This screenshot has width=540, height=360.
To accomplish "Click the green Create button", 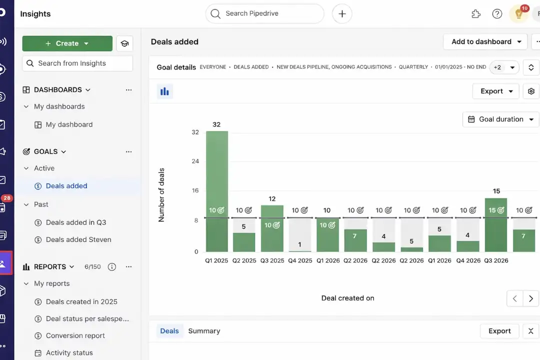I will (x=67, y=43).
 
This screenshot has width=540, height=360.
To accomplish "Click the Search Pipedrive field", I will (x=265, y=13).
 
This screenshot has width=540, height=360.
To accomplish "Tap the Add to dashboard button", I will (x=485, y=41).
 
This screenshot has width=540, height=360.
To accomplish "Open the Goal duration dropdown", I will (x=501, y=119).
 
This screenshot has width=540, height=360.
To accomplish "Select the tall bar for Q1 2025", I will (x=216, y=190).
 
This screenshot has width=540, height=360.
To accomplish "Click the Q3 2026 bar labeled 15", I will (x=496, y=225).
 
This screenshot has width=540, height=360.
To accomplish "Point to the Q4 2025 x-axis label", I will (x=300, y=260).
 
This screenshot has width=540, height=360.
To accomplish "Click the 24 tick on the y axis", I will (x=195, y=161).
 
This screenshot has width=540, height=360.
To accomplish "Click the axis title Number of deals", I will (x=161, y=195).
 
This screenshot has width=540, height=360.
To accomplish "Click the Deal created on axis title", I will (x=347, y=298).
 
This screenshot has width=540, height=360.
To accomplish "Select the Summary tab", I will (x=204, y=331).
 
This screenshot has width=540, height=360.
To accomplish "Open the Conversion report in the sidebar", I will (x=75, y=335).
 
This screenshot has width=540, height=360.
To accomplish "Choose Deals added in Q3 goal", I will (x=76, y=222).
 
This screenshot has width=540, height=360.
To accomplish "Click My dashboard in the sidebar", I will (x=69, y=124).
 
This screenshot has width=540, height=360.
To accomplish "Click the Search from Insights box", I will (x=77, y=63).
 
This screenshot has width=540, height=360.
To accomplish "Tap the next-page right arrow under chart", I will (x=530, y=298).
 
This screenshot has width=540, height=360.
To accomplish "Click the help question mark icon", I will (x=497, y=14).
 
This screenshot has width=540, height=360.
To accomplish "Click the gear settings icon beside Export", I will (x=531, y=91).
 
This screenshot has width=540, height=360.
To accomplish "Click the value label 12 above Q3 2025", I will (x=272, y=198).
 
